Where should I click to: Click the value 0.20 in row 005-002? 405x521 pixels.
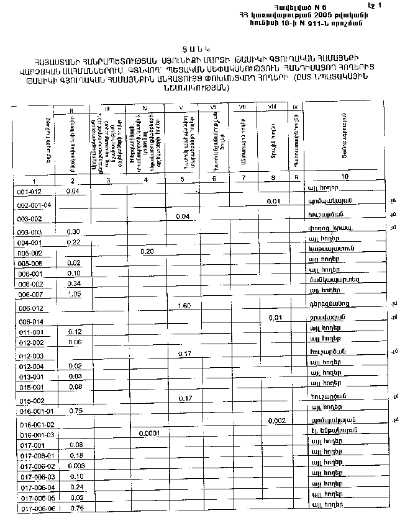point(147,252)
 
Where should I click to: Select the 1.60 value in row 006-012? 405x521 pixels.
point(183,306)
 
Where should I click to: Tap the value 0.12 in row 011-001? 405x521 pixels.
point(75,332)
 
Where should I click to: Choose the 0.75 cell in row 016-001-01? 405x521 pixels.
point(76,411)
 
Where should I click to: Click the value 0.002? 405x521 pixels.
point(277,421)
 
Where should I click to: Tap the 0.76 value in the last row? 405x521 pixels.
point(78,509)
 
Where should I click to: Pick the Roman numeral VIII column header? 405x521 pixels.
point(271,107)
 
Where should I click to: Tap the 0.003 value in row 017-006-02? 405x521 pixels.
point(76,466)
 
